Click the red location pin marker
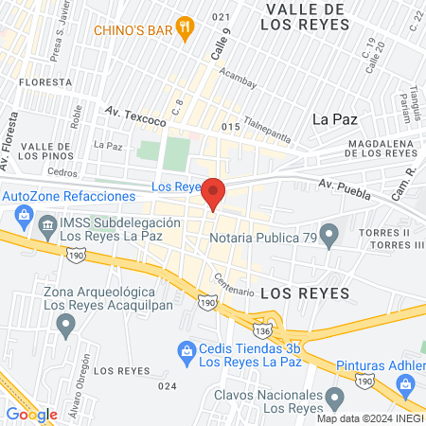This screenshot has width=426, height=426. (214, 193)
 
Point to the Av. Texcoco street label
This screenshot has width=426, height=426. (135, 116)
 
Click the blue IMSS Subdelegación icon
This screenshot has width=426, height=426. (47, 224)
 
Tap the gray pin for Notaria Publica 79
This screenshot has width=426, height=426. (329, 234)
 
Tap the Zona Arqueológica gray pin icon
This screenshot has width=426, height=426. (66, 327)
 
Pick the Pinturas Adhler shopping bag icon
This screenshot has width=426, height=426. (407, 383)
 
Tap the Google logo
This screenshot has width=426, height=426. (31, 414)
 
